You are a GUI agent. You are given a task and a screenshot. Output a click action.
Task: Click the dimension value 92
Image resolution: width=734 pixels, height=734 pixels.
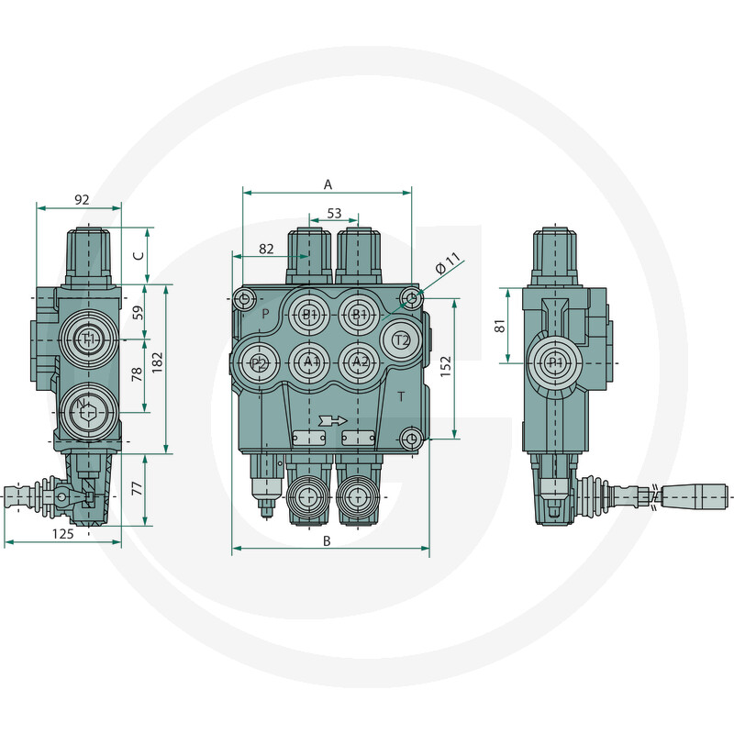[x=82, y=200]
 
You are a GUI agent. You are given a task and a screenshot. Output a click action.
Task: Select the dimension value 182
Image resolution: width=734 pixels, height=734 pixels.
[x=157, y=362]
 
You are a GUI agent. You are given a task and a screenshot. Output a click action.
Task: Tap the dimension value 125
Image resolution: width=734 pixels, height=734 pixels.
[x=62, y=534]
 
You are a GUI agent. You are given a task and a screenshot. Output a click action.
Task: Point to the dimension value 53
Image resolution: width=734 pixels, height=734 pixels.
[x=334, y=214]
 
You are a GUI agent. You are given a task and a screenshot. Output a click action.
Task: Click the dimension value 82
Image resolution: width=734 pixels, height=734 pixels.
[x=266, y=249]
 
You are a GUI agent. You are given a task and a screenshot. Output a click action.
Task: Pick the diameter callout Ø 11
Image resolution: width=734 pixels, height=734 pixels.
[x=448, y=263]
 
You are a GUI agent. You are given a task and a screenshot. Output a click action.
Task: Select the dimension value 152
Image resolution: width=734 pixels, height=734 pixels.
[x=446, y=366]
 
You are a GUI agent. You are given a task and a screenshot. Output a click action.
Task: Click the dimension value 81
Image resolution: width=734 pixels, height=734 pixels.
[x=500, y=326]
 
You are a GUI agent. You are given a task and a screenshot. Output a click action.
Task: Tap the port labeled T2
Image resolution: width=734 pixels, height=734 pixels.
[x=401, y=340]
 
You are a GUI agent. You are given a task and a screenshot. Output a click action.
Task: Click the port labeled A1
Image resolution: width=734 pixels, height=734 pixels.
[x=309, y=361]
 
